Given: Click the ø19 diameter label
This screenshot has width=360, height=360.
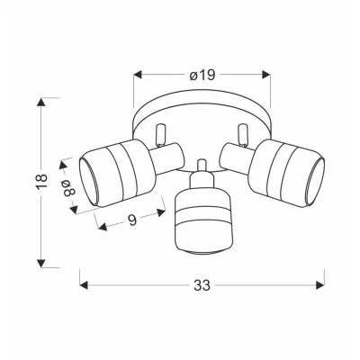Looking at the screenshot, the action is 202,76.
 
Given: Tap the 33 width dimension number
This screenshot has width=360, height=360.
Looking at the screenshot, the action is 202,285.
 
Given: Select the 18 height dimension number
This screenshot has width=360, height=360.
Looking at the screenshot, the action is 41,181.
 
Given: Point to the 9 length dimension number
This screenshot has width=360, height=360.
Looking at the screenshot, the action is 132,220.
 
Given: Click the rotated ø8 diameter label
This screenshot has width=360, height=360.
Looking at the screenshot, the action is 68,187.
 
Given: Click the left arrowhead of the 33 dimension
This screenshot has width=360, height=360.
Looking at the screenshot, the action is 84,285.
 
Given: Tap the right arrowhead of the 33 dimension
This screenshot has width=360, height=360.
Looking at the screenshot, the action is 320,285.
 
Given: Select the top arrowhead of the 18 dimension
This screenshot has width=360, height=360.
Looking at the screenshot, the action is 41,102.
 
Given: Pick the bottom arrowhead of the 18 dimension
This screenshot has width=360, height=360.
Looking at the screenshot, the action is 41,263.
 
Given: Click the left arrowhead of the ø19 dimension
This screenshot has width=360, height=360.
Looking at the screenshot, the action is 138,75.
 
